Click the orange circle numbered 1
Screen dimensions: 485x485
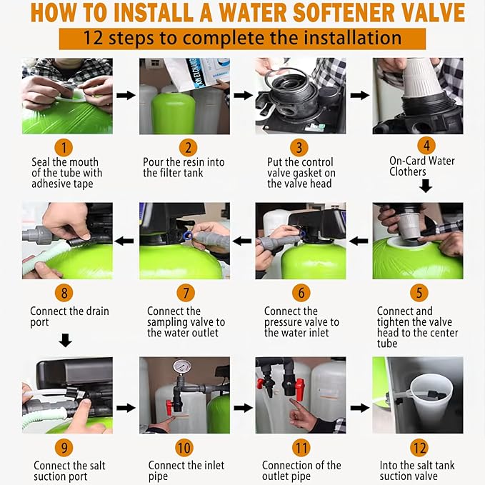pos(65,148)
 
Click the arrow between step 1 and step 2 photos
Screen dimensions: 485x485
pos(126,95)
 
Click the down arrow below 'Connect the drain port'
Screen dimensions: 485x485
pos(65,341)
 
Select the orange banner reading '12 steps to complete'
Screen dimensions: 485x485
pos(242,38)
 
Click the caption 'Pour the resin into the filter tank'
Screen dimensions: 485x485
pos(184,168)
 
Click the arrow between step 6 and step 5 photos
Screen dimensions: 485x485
pos(359,241)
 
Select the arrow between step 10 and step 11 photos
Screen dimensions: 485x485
pos(243,408)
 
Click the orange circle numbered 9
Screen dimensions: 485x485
pos(65,448)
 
